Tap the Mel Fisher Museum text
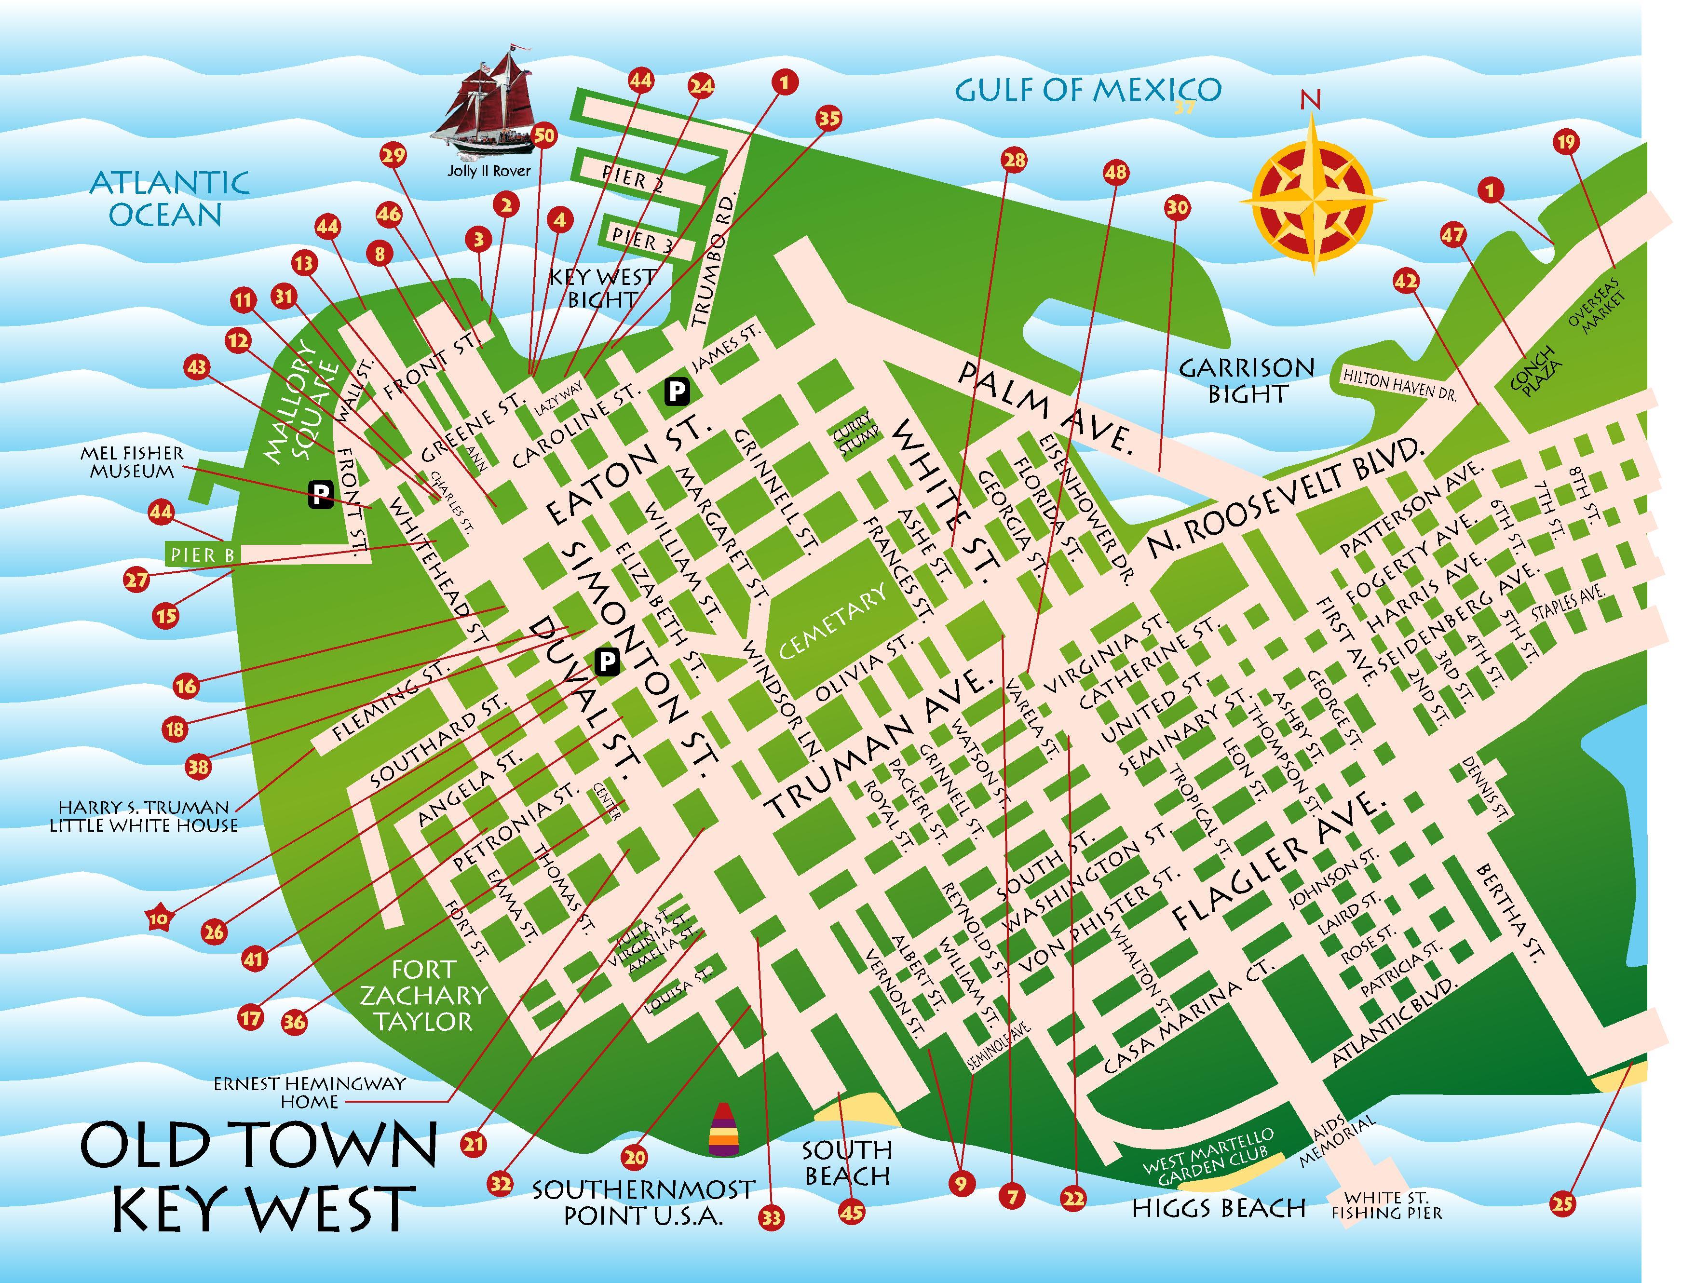(x=131, y=463)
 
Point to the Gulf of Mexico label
(x=1088, y=90)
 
